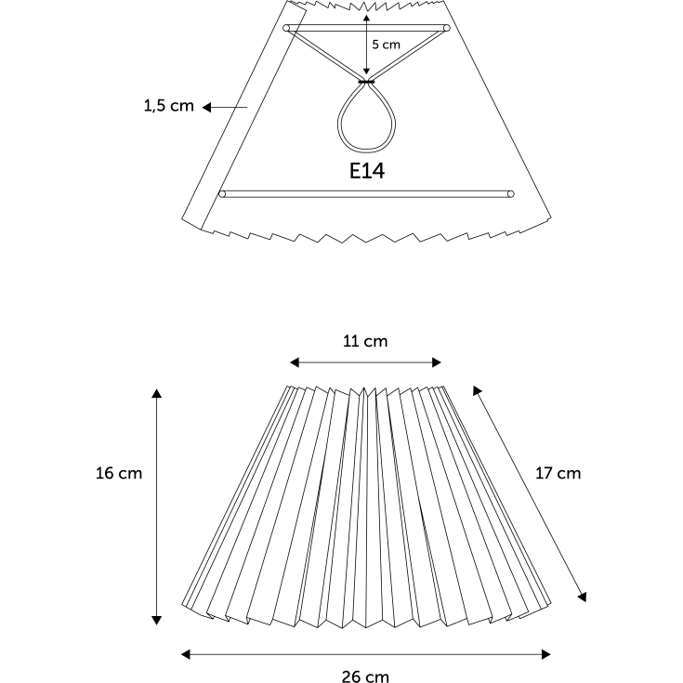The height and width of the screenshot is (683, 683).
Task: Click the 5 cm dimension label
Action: pyautogui.click(x=386, y=45)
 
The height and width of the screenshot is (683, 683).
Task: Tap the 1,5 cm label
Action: pyautogui.click(x=168, y=106)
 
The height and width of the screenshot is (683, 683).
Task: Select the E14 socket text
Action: pyautogui.click(x=367, y=171)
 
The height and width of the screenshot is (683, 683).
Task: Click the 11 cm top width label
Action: pyautogui.click(x=365, y=341)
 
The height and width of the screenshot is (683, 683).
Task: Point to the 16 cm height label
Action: pyautogui.click(x=119, y=473)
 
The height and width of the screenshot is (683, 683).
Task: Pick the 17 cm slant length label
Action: pyautogui.click(x=558, y=473)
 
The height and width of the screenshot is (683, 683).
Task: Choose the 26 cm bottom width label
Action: pyautogui.click(x=365, y=676)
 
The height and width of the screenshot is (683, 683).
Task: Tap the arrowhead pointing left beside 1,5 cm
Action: pyautogui.click(x=207, y=107)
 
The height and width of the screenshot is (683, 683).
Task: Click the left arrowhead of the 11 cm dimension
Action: pyautogui.click(x=295, y=362)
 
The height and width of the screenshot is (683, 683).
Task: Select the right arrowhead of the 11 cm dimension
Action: pyautogui.click(x=436, y=362)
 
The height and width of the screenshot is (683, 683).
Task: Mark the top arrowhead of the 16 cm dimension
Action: pyautogui.click(x=157, y=394)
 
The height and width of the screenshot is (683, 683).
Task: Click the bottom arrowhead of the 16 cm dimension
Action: pyautogui.click(x=157, y=621)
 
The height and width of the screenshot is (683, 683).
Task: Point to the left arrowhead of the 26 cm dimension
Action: pyautogui.click(x=186, y=654)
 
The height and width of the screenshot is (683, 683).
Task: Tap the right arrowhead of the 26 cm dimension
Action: pyautogui.click(x=545, y=654)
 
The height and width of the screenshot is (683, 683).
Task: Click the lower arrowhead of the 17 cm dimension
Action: pyautogui.click(x=582, y=597)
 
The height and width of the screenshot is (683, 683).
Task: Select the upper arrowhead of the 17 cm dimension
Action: pyautogui.click(x=477, y=390)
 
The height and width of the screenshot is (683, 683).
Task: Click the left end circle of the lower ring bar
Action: pyautogui.click(x=222, y=194)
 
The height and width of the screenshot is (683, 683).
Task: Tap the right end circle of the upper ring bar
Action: pyautogui.click(x=446, y=28)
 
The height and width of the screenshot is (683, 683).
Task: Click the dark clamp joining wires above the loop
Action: pyautogui.click(x=366, y=82)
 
